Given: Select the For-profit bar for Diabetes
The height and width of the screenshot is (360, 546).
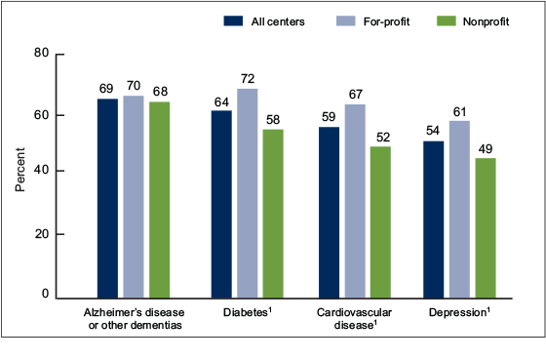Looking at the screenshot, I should [x=247, y=193].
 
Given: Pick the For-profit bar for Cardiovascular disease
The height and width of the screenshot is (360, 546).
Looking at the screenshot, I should [x=353, y=200].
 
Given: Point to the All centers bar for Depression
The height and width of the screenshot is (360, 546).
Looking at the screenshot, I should [x=433, y=220].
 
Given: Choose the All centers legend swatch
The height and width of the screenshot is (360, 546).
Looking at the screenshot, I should [x=237, y=20].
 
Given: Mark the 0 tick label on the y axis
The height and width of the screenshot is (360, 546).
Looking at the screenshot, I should [x=45, y=294].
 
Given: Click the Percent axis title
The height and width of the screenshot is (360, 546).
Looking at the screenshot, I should [x=19, y=170].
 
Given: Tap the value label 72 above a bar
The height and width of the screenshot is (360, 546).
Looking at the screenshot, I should [x=247, y=76].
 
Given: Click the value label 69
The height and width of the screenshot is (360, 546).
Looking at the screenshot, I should [x=106, y=87].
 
